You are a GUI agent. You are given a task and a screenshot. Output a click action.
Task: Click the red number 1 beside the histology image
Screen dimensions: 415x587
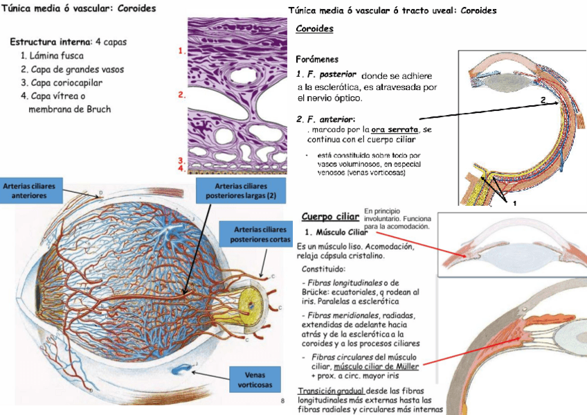[x=181, y=51]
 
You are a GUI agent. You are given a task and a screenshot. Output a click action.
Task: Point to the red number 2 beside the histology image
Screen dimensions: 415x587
[x=181, y=95]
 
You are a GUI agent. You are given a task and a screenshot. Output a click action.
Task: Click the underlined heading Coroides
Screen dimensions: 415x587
[x=314, y=29]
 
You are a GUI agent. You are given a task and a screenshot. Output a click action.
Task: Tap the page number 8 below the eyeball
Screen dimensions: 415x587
[x=283, y=401]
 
